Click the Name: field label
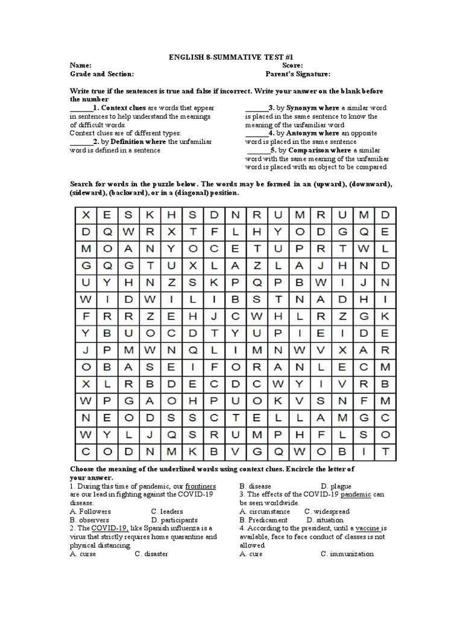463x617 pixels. pos(81,65)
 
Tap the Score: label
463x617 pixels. pos(292,65)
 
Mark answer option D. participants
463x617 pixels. pos(174,519)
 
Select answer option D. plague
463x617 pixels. pos(336,486)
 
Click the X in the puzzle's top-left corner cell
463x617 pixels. pos(86,215)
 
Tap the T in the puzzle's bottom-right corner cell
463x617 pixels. pos(385,451)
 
